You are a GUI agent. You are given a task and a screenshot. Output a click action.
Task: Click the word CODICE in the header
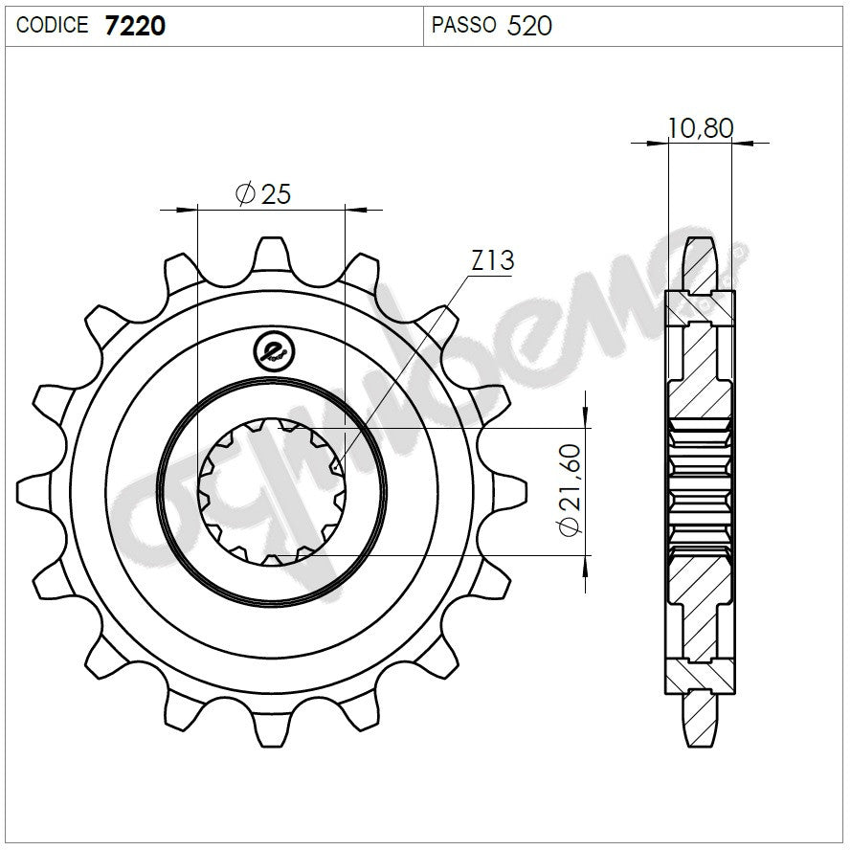[53, 26]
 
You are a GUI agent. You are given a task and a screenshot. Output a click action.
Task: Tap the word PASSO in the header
[463, 26]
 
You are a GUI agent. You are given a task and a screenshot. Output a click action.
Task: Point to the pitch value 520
[529, 26]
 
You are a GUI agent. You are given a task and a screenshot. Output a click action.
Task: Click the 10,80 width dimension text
[701, 127]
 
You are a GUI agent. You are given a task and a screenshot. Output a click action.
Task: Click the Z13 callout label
[493, 260]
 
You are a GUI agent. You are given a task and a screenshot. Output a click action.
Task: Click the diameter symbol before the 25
[244, 194]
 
